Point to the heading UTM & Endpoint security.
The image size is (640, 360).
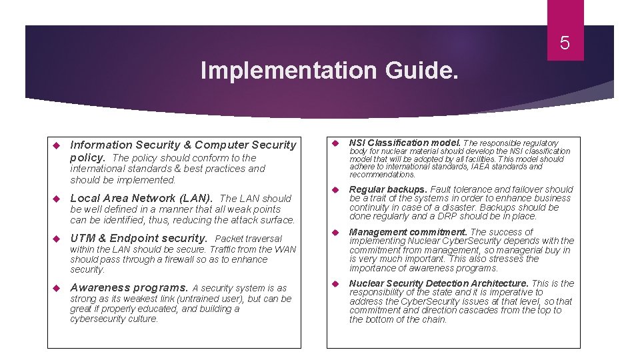pyautogui.click(x=139, y=238)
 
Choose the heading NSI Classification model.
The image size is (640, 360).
pyautogui.click(x=405, y=143)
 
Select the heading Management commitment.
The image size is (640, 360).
pyautogui.click(x=409, y=232)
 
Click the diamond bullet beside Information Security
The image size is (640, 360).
pyautogui.click(x=57, y=145)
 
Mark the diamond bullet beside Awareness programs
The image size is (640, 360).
pyautogui.click(x=57, y=288)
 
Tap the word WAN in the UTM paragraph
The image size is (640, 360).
pyautogui.click(x=285, y=249)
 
